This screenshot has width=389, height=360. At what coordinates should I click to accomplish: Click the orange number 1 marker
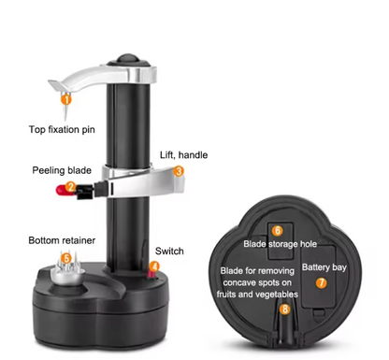(x=66, y=100)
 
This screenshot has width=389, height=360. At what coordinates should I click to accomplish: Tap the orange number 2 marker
(x=71, y=187)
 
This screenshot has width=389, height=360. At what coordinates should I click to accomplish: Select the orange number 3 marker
(x=179, y=171)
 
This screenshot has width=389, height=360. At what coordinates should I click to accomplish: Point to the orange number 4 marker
(x=154, y=266)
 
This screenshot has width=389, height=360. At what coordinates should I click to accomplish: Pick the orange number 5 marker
(x=66, y=258)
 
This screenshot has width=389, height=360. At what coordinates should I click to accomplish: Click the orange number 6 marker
(x=277, y=231)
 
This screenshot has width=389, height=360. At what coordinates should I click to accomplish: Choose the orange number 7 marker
(x=321, y=282)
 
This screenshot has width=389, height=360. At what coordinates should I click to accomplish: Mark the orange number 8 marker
(x=285, y=310)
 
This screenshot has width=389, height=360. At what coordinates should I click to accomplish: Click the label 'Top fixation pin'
(x=62, y=130)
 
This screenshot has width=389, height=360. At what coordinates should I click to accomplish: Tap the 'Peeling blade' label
(x=62, y=170)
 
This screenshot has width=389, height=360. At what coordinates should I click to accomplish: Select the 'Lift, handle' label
(x=183, y=155)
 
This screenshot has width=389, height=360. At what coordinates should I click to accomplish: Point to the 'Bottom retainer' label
(x=62, y=240)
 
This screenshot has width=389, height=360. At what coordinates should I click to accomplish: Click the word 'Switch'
(x=169, y=251)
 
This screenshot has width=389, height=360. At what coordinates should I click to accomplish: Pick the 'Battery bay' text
(x=324, y=267)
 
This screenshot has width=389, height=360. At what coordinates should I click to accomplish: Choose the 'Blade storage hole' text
(x=280, y=244)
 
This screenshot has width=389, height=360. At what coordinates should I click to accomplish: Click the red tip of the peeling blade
(x=62, y=190)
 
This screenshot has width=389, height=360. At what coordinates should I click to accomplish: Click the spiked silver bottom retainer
(x=67, y=269)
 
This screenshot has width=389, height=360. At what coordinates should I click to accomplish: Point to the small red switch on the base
(x=152, y=274)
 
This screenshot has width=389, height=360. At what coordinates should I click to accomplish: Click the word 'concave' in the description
(x=241, y=283)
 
